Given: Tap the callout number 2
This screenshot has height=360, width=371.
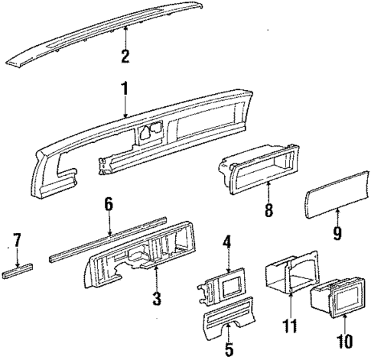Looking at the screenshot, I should tap(125, 55).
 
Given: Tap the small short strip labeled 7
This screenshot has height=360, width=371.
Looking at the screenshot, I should tap(19, 271).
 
